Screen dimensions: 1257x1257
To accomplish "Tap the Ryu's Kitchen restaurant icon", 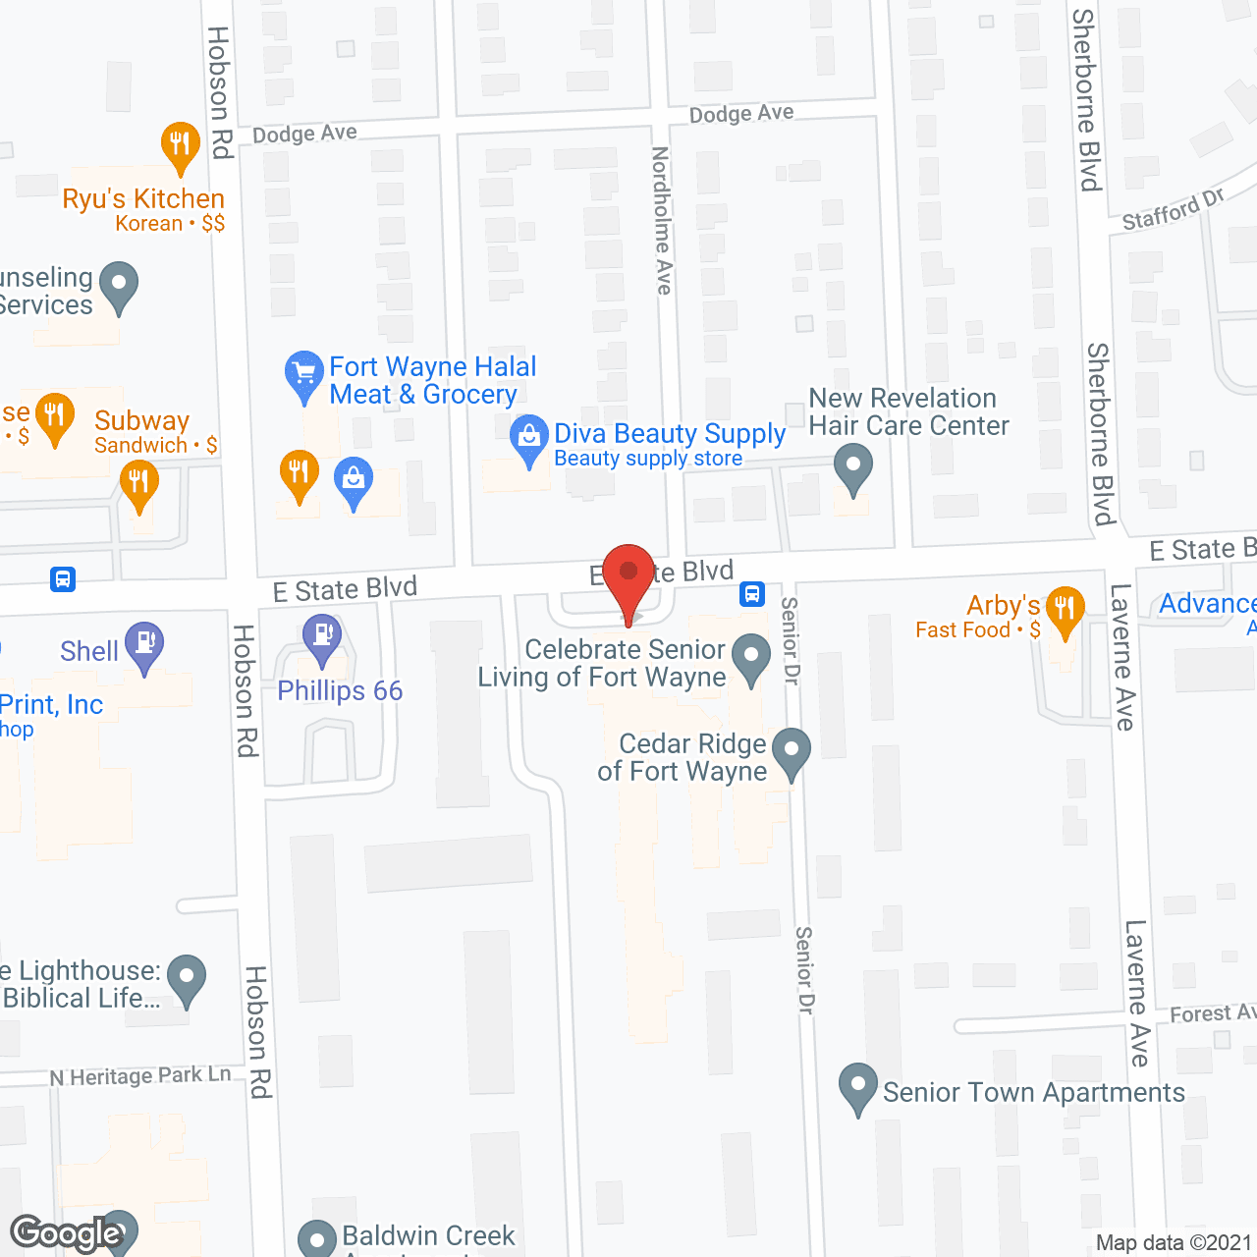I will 180,145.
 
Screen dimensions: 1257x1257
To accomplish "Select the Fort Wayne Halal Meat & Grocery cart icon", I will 303,374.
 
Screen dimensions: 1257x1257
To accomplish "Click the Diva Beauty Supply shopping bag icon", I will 529,439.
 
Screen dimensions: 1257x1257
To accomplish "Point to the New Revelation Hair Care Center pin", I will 852,465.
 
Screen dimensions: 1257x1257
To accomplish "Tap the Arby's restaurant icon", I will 1065,609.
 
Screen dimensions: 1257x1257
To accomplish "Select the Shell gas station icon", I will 144,645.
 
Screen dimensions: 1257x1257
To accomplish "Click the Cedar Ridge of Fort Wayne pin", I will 791,751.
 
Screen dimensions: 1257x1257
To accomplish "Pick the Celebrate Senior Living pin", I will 751,657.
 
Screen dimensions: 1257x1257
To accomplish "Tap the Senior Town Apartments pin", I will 857,1087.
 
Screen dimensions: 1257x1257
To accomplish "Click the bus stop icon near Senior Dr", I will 752,593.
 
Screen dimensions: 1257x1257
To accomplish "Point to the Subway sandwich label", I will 142,421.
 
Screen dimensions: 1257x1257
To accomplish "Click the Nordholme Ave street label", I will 662,220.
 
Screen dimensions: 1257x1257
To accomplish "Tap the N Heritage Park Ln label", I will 140,1076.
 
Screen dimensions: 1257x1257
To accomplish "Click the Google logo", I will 66,1233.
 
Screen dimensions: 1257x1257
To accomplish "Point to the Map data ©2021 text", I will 1174,1242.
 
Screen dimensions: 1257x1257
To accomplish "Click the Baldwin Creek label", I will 428,1235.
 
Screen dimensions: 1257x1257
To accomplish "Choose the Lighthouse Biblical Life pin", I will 187,978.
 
